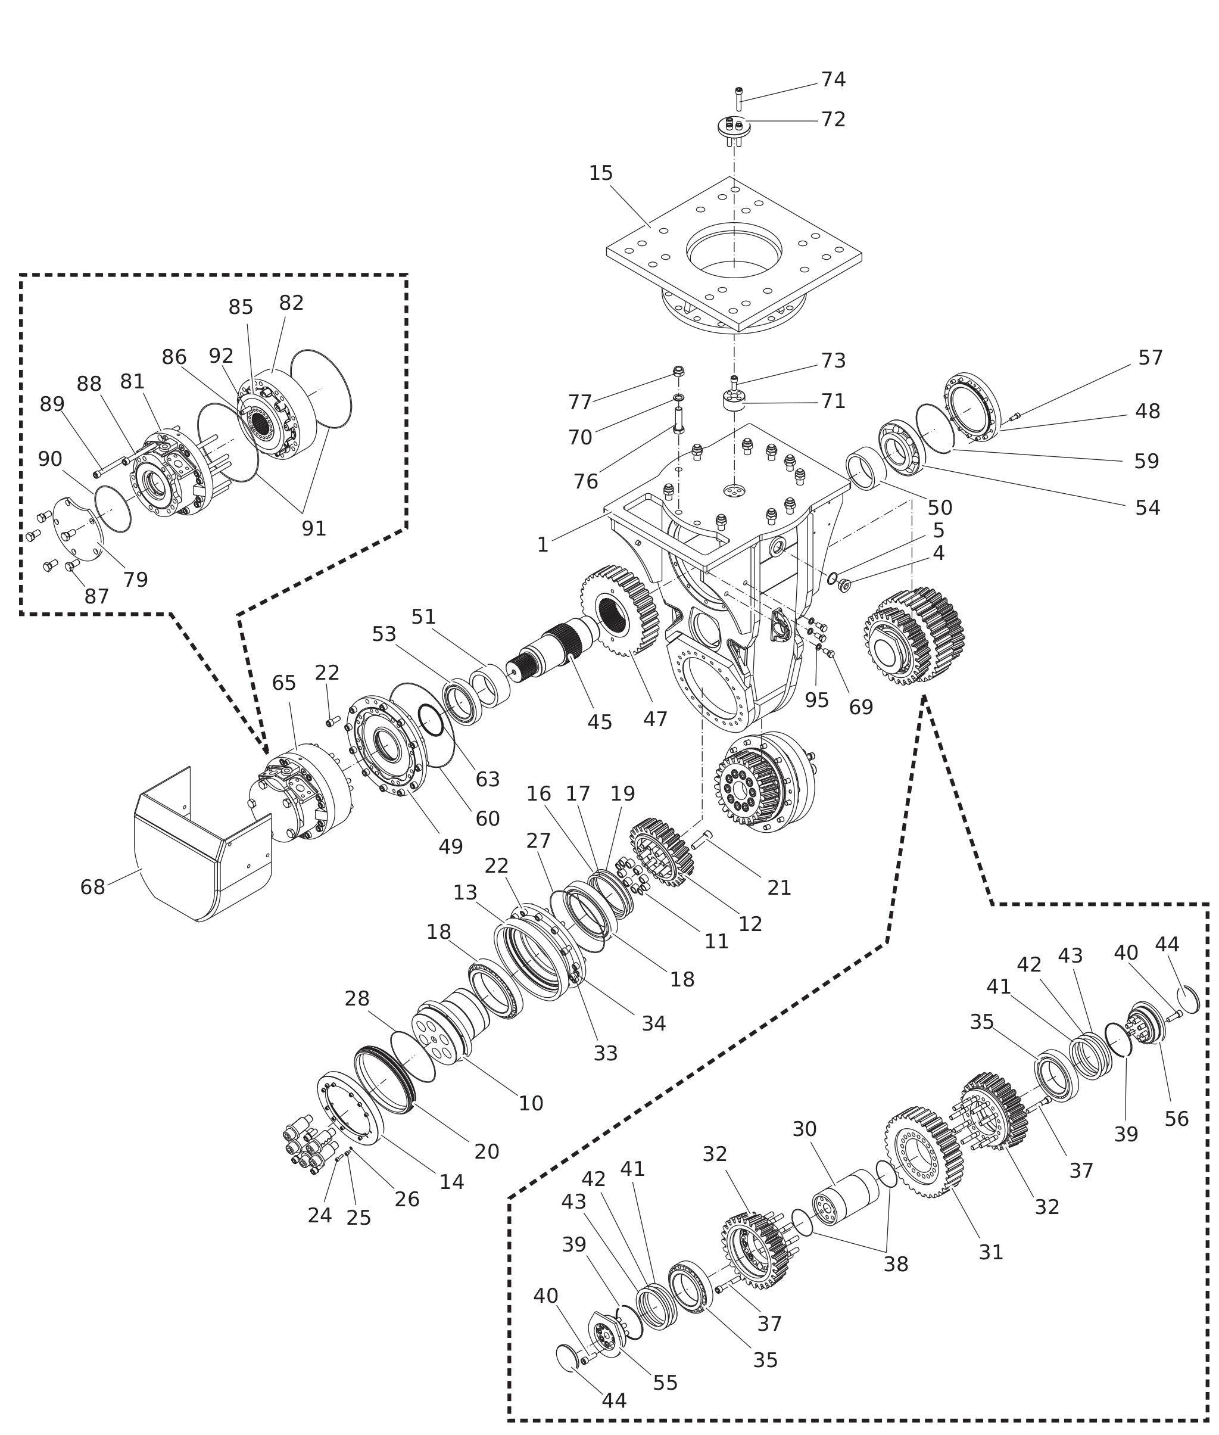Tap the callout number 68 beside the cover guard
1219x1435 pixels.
(92, 887)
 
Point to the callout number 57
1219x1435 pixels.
(1151, 358)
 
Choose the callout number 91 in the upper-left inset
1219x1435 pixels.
(314, 529)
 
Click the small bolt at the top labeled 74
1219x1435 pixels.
(739, 99)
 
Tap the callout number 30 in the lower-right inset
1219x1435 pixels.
(805, 1129)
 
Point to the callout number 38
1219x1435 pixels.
(896, 1264)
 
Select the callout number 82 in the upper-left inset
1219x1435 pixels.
(292, 303)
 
